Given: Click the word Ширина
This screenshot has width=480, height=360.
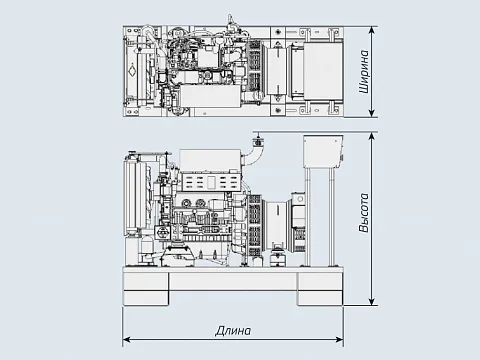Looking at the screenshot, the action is pos(364,72).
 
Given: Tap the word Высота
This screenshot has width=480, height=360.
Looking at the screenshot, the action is pos(364,212).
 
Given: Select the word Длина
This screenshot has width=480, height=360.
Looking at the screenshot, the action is pos(233,331).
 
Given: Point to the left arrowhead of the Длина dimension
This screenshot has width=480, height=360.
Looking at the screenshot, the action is pos(127,340).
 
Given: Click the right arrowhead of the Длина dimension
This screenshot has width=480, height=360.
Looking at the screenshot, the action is pos(339,340).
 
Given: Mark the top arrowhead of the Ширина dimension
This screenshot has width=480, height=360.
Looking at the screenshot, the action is pos(372,30).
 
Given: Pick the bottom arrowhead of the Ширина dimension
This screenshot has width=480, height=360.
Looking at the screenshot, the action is pos(372,113).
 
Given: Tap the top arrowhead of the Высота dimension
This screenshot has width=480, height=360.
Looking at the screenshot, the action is pos(372,136).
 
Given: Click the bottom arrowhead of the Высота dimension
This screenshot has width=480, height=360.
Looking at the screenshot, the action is pos(372,301).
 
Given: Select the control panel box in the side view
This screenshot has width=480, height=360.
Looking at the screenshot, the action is pos(323,151).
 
